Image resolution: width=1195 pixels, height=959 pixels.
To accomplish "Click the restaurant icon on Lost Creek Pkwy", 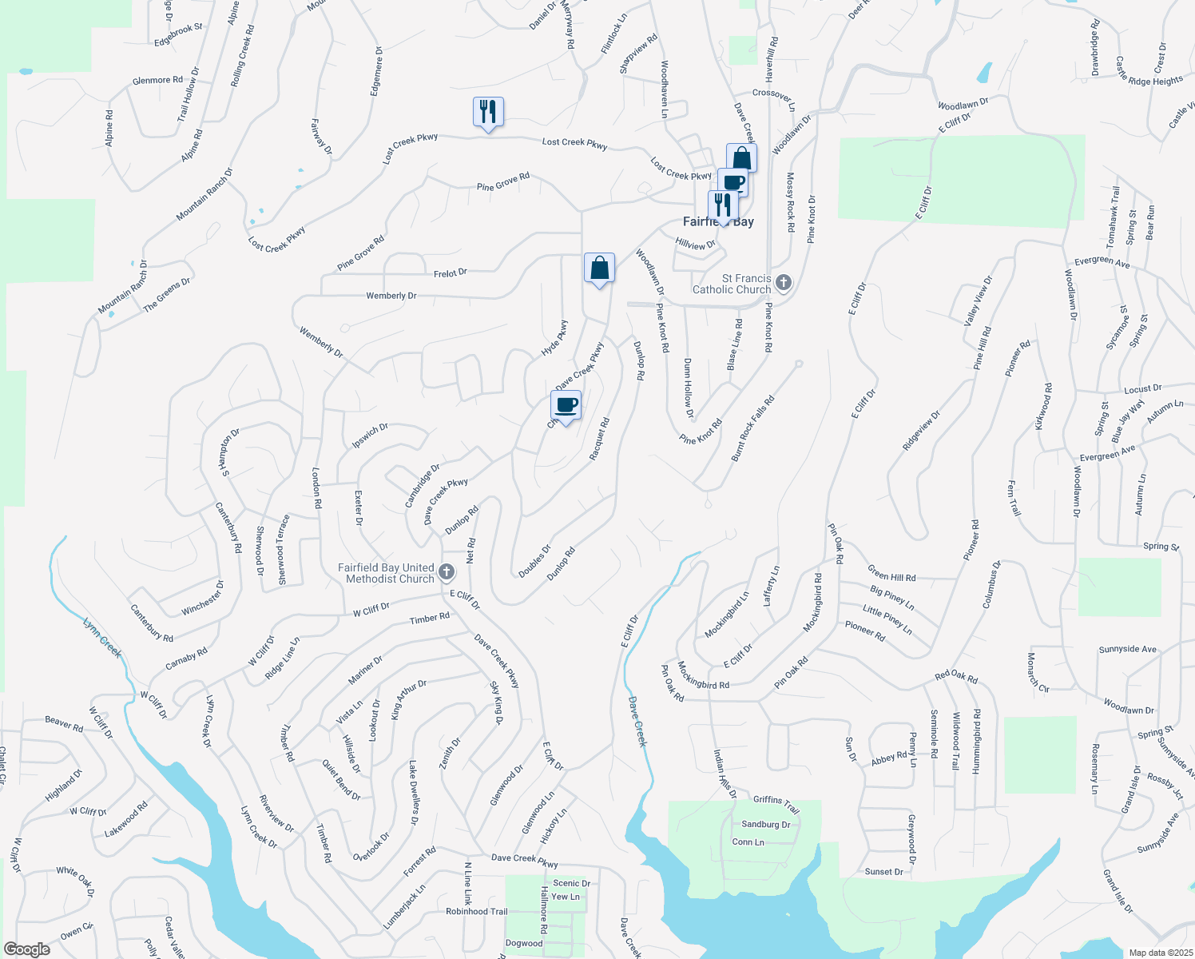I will [488, 112].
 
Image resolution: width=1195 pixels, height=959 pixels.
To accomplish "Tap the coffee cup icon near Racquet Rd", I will [566, 405].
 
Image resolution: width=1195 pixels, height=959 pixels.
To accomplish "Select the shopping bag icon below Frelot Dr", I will [599, 269].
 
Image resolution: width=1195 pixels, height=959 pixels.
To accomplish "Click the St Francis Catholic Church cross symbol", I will [784, 283].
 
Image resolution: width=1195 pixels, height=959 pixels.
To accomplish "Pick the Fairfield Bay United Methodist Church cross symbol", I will [447, 572].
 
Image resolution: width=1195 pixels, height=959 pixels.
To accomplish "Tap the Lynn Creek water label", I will [103, 637].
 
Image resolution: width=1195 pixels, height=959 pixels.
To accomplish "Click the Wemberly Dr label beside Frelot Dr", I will [391, 296].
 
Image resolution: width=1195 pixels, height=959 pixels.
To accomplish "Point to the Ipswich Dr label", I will [371, 436].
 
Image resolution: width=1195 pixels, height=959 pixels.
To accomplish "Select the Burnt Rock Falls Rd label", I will [752, 428].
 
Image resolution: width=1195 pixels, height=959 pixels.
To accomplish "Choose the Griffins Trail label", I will [776, 804].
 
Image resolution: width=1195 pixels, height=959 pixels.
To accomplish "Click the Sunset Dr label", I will [883, 871].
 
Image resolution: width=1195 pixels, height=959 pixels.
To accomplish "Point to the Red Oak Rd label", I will [956, 677].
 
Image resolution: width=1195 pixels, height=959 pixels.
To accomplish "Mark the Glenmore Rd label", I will [157, 81].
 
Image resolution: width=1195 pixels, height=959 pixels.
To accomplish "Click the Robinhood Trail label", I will [476, 911].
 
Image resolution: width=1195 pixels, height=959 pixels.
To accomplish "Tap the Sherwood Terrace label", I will [282, 550].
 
